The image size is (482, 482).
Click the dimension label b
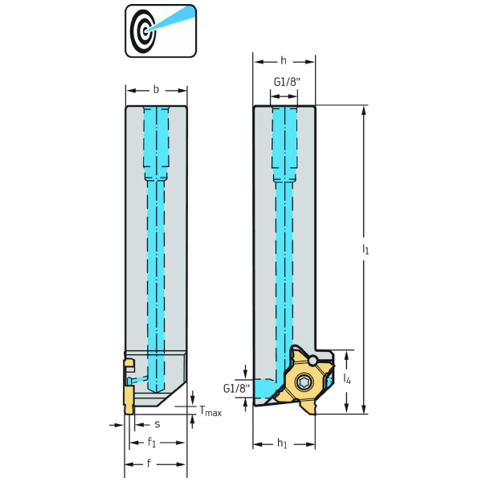coord(156,89)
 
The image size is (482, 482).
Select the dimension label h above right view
coord(284,61)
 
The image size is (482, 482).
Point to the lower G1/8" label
coord(236,389)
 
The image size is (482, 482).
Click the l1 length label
coord(366,250)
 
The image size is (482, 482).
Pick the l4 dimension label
coord(346,378)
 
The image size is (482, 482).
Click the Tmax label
coord(210,412)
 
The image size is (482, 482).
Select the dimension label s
coord(157,423)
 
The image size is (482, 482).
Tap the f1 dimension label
coord(152,441)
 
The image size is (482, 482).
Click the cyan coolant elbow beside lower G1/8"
coord(265,386)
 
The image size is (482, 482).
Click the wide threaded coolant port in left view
coord(157,145)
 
